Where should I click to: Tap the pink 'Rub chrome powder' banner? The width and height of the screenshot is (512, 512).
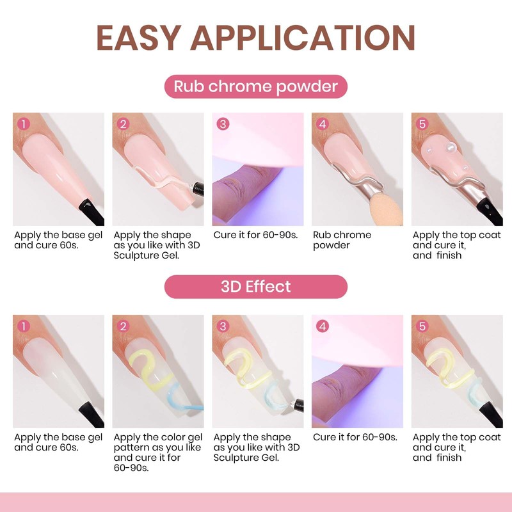pos(256,86)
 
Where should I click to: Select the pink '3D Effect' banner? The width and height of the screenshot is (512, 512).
pos(256,286)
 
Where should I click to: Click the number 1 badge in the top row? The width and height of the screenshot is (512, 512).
pos(24,124)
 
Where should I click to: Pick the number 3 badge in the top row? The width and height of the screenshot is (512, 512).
pos(223,124)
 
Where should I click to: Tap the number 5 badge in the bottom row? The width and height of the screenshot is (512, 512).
pos(422,326)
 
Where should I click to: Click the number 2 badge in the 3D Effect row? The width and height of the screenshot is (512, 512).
pos(124,326)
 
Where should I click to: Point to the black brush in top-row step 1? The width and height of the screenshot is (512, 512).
pos(89,212)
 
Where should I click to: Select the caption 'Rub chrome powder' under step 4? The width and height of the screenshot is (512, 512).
pos(342,240)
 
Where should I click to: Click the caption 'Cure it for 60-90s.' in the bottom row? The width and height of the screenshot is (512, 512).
pos(355,437)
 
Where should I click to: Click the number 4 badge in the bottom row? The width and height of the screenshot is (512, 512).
pos(323,326)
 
